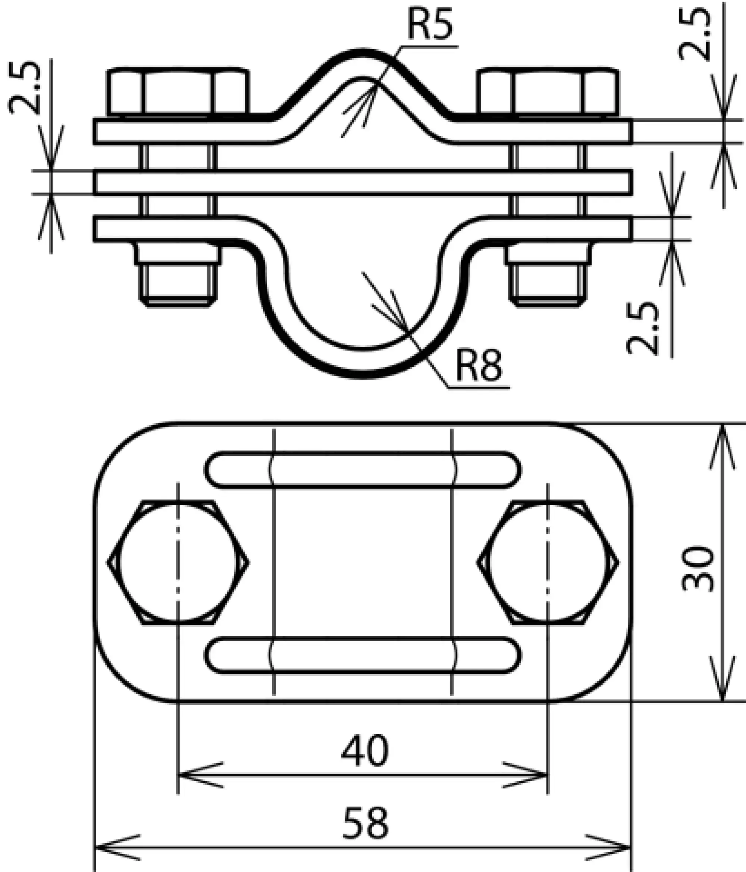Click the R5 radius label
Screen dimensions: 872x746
[430, 24]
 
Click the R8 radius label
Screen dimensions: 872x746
[479, 366]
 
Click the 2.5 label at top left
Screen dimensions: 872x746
[24, 88]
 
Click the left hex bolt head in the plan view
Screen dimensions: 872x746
[178, 563]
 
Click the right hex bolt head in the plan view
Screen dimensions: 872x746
[548, 563]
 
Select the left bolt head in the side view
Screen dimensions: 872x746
[178, 91]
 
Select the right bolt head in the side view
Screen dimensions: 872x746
[548, 91]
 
